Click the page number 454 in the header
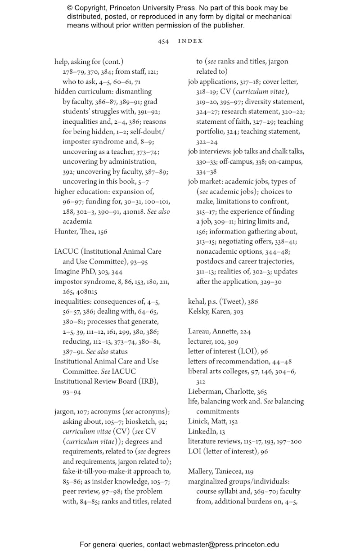tap(163, 41)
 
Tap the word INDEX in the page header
tap(190, 41)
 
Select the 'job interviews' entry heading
tap(209, 152)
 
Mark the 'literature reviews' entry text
tap(214, 441)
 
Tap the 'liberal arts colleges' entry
tap(218, 372)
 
